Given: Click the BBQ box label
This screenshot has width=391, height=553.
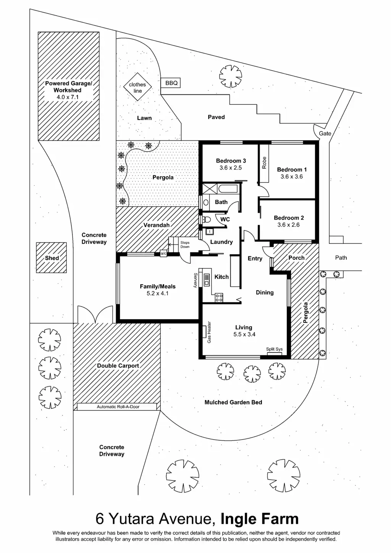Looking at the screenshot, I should pos(171,83).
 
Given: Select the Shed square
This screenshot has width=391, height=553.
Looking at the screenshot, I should pos(52,258).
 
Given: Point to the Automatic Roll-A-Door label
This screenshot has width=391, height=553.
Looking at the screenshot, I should pos(118,407).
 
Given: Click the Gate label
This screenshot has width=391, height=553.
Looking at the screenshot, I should pos(325,133).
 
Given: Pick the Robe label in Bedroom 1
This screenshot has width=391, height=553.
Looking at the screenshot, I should pos(264,163).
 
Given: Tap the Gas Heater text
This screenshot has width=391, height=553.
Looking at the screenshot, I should pos(209,332).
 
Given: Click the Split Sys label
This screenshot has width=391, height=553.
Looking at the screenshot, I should pos(274,349).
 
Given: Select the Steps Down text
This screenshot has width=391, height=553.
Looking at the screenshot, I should pos(185,245).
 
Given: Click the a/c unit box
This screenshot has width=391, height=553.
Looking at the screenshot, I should pos(163,253).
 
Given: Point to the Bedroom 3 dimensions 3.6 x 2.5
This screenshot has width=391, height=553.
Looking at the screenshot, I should pos(231,168).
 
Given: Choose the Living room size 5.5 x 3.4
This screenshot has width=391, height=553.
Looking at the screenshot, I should pos(244,334).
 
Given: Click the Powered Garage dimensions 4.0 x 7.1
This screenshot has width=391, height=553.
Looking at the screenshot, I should pos(68,97).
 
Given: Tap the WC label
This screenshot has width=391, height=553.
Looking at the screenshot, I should pos(225,220).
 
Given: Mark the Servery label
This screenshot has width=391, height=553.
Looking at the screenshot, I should pos(195,280).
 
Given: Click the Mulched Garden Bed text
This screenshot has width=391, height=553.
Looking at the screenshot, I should pos(233,402).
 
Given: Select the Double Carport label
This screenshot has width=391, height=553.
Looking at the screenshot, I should pos(118,365).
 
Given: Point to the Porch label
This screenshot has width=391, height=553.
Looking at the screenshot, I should pos(296,258).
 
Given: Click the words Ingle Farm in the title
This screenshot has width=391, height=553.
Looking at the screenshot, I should pos(260,519).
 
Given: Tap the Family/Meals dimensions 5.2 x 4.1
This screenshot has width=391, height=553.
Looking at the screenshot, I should pos(157,293).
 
